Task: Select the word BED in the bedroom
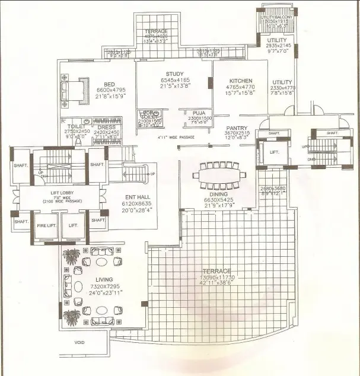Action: click(x=109, y=84)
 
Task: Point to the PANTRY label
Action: click(x=236, y=128)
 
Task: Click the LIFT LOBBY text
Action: click(x=62, y=193)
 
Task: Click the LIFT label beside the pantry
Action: click(x=274, y=152)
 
